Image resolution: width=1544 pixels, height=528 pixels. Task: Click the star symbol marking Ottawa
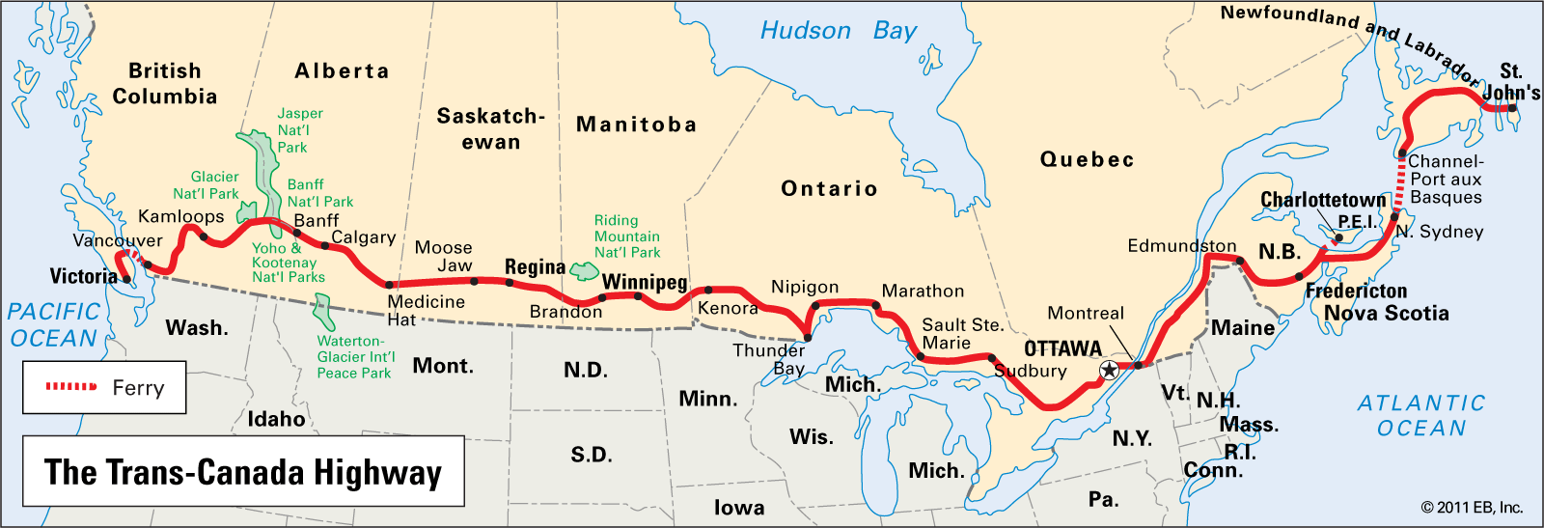(x=1109, y=370)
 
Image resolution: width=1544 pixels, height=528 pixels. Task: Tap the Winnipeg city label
(x=644, y=282)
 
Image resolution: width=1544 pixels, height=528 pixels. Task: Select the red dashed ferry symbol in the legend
(x=71, y=387)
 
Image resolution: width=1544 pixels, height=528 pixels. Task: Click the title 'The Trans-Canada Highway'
(x=243, y=472)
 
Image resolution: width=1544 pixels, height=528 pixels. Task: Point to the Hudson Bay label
(x=838, y=31)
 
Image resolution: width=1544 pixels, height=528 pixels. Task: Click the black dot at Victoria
(x=126, y=279)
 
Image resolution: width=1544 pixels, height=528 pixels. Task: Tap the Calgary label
(x=363, y=237)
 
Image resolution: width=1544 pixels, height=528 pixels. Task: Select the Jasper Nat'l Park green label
(x=299, y=130)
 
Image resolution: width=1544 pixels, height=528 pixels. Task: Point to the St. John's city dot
(x=1512, y=108)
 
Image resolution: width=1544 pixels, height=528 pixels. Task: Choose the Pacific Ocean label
(x=53, y=325)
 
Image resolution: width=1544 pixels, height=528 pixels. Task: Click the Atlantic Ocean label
(x=1420, y=416)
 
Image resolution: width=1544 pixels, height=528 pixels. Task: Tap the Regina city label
(x=535, y=267)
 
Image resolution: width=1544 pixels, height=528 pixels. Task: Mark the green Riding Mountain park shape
(x=584, y=271)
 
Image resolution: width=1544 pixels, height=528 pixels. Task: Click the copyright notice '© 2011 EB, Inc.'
(x=1471, y=508)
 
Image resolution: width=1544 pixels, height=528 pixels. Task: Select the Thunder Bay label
(x=769, y=359)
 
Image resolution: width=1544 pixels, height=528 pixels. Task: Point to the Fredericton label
(x=1356, y=291)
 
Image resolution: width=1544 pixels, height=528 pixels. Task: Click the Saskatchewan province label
(x=490, y=129)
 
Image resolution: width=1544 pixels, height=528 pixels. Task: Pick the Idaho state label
(x=276, y=419)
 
